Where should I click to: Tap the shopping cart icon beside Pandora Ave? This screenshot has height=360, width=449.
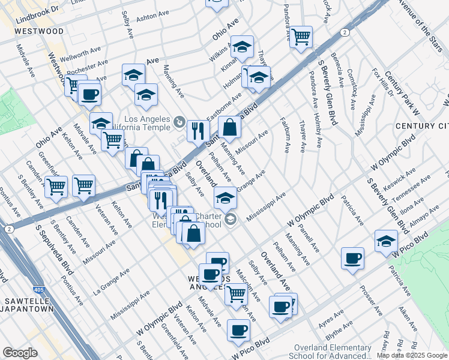pos(301,37)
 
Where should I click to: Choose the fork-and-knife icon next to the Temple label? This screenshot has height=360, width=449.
pos(197,130)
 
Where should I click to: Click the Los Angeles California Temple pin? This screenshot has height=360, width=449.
pos(179,123)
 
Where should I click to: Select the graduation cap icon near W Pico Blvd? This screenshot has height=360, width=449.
pos(386,241)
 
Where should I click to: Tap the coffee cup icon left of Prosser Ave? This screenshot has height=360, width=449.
pos(352,258)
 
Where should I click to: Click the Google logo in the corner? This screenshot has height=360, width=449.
pos(20,352)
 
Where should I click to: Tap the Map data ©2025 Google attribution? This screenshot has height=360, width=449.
pos(412,355)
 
